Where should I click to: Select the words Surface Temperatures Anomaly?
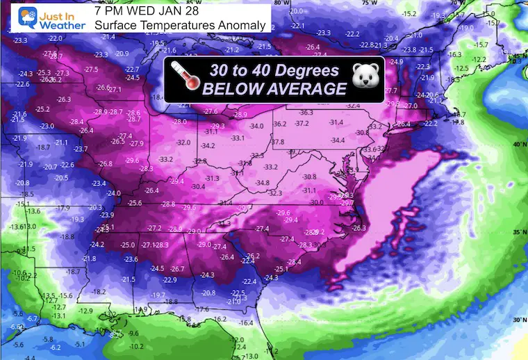click(180, 26)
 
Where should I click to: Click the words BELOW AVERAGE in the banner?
click(274, 88)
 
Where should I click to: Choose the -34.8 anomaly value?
click(262, 183)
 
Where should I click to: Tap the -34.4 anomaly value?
click(338, 140)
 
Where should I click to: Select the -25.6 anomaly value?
click(135, 203)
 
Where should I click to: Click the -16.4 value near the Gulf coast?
click(247, 323)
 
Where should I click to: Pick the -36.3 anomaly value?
click(306, 113)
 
